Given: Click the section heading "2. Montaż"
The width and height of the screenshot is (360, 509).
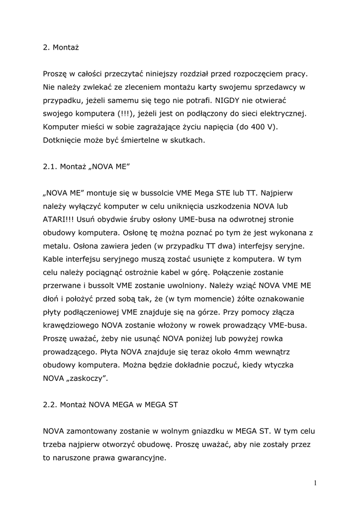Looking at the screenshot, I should pyautogui.click(x=61, y=48).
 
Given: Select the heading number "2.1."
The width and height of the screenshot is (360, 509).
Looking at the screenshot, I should pyautogui.click(x=50, y=167).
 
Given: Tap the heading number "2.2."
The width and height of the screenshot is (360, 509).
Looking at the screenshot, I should pyautogui.click(x=50, y=405).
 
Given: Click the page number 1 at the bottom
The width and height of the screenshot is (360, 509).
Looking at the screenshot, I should pyautogui.click(x=316, y=483).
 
